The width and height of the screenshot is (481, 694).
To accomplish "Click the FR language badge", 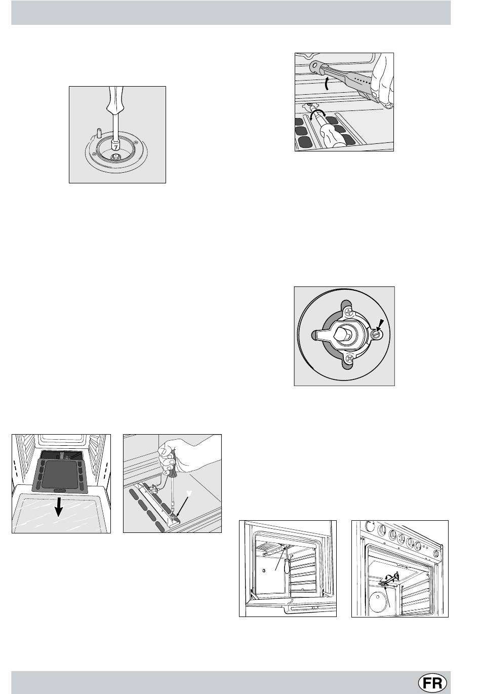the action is pos(432,682).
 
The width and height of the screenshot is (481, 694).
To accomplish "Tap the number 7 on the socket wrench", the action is pos(115,147).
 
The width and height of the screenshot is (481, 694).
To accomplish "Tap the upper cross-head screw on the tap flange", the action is pos(349,311).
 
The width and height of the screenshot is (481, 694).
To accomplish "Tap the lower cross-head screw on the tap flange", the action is pos(349,359).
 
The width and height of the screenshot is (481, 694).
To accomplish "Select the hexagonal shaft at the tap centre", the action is pos(343,334).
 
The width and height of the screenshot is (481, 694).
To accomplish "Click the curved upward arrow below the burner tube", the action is pos(326,84).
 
